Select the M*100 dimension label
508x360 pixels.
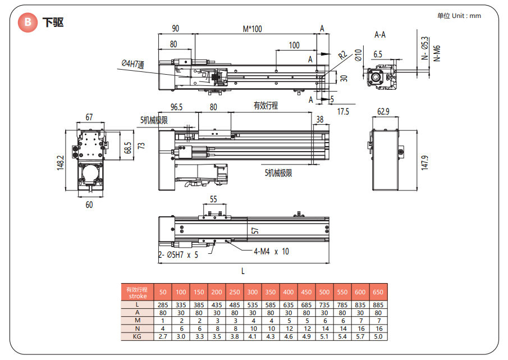252,29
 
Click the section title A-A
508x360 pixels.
380,34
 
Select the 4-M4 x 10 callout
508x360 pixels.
271,252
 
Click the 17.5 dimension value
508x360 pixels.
343,111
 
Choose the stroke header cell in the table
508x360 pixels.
137,292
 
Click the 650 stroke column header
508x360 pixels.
378,292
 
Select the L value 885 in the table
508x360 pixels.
378,304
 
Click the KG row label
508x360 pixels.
137,336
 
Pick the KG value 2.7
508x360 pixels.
163,336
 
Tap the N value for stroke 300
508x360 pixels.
253,329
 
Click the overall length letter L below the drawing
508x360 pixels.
243,271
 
